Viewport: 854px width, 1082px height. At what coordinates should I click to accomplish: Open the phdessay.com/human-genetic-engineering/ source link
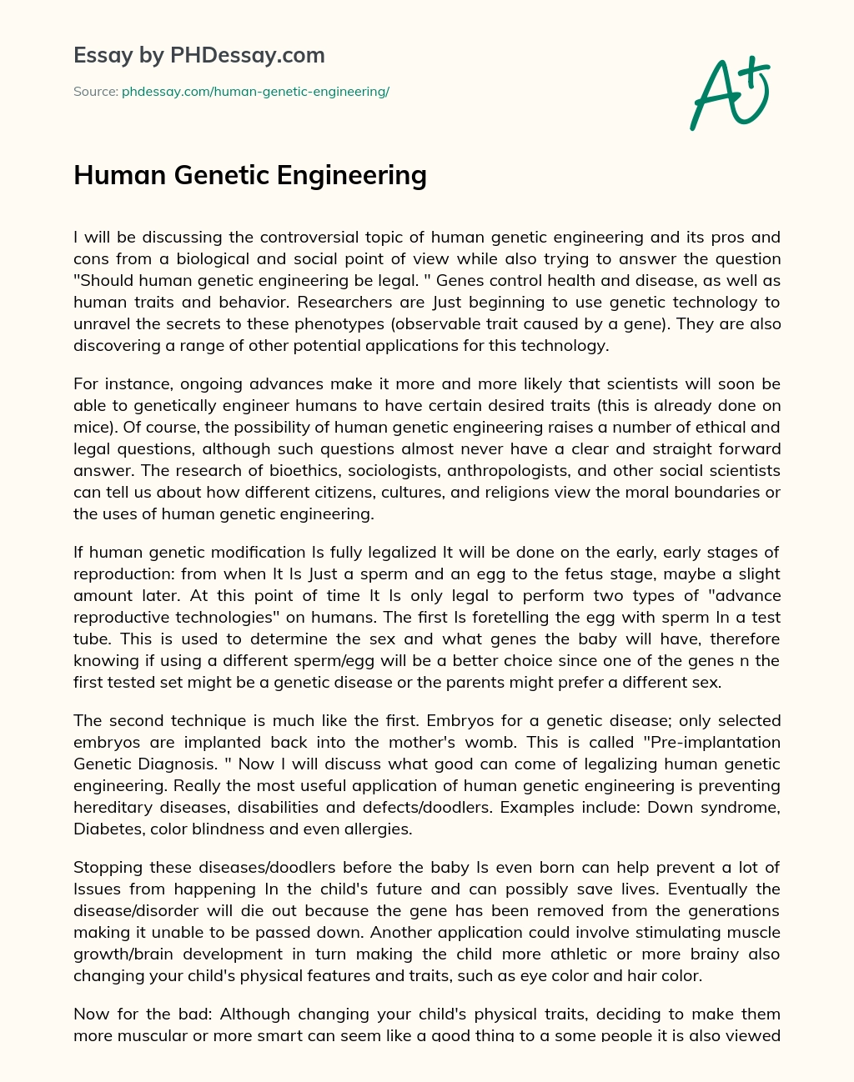click(x=255, y=92)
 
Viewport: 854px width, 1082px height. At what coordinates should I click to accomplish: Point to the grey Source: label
click(x=96, y=92)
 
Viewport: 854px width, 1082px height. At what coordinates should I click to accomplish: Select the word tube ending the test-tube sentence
click(x=92, y=639)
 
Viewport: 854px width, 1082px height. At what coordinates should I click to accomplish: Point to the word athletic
click(x=577, y=954)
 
